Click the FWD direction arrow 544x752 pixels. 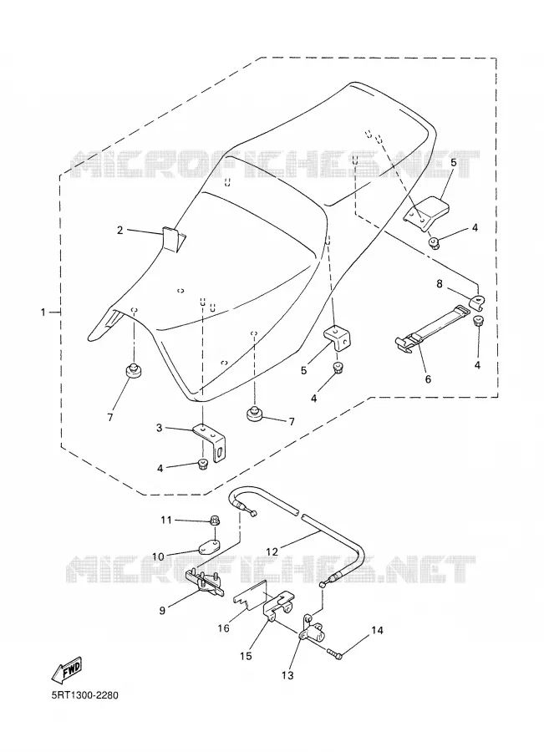click(x=66, y=670)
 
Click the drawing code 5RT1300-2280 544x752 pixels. click(x=84, y=695)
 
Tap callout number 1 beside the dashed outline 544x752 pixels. click(x=43, y=312)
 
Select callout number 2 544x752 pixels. click(x=120, y=230)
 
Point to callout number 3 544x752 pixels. click(x=160, y=427)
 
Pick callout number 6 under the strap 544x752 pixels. click(x=428, y=379)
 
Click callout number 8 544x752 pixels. click(x=440, y=283)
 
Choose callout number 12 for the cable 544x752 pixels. click(x=272, y=551)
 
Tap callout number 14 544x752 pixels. click(x=378, y=630)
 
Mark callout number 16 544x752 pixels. click(x=224, y=628)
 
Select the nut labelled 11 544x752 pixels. click(x=215, y=520)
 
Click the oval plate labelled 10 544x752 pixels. click(x=209, y=546)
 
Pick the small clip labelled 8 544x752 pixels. click(x=477, y=302)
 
